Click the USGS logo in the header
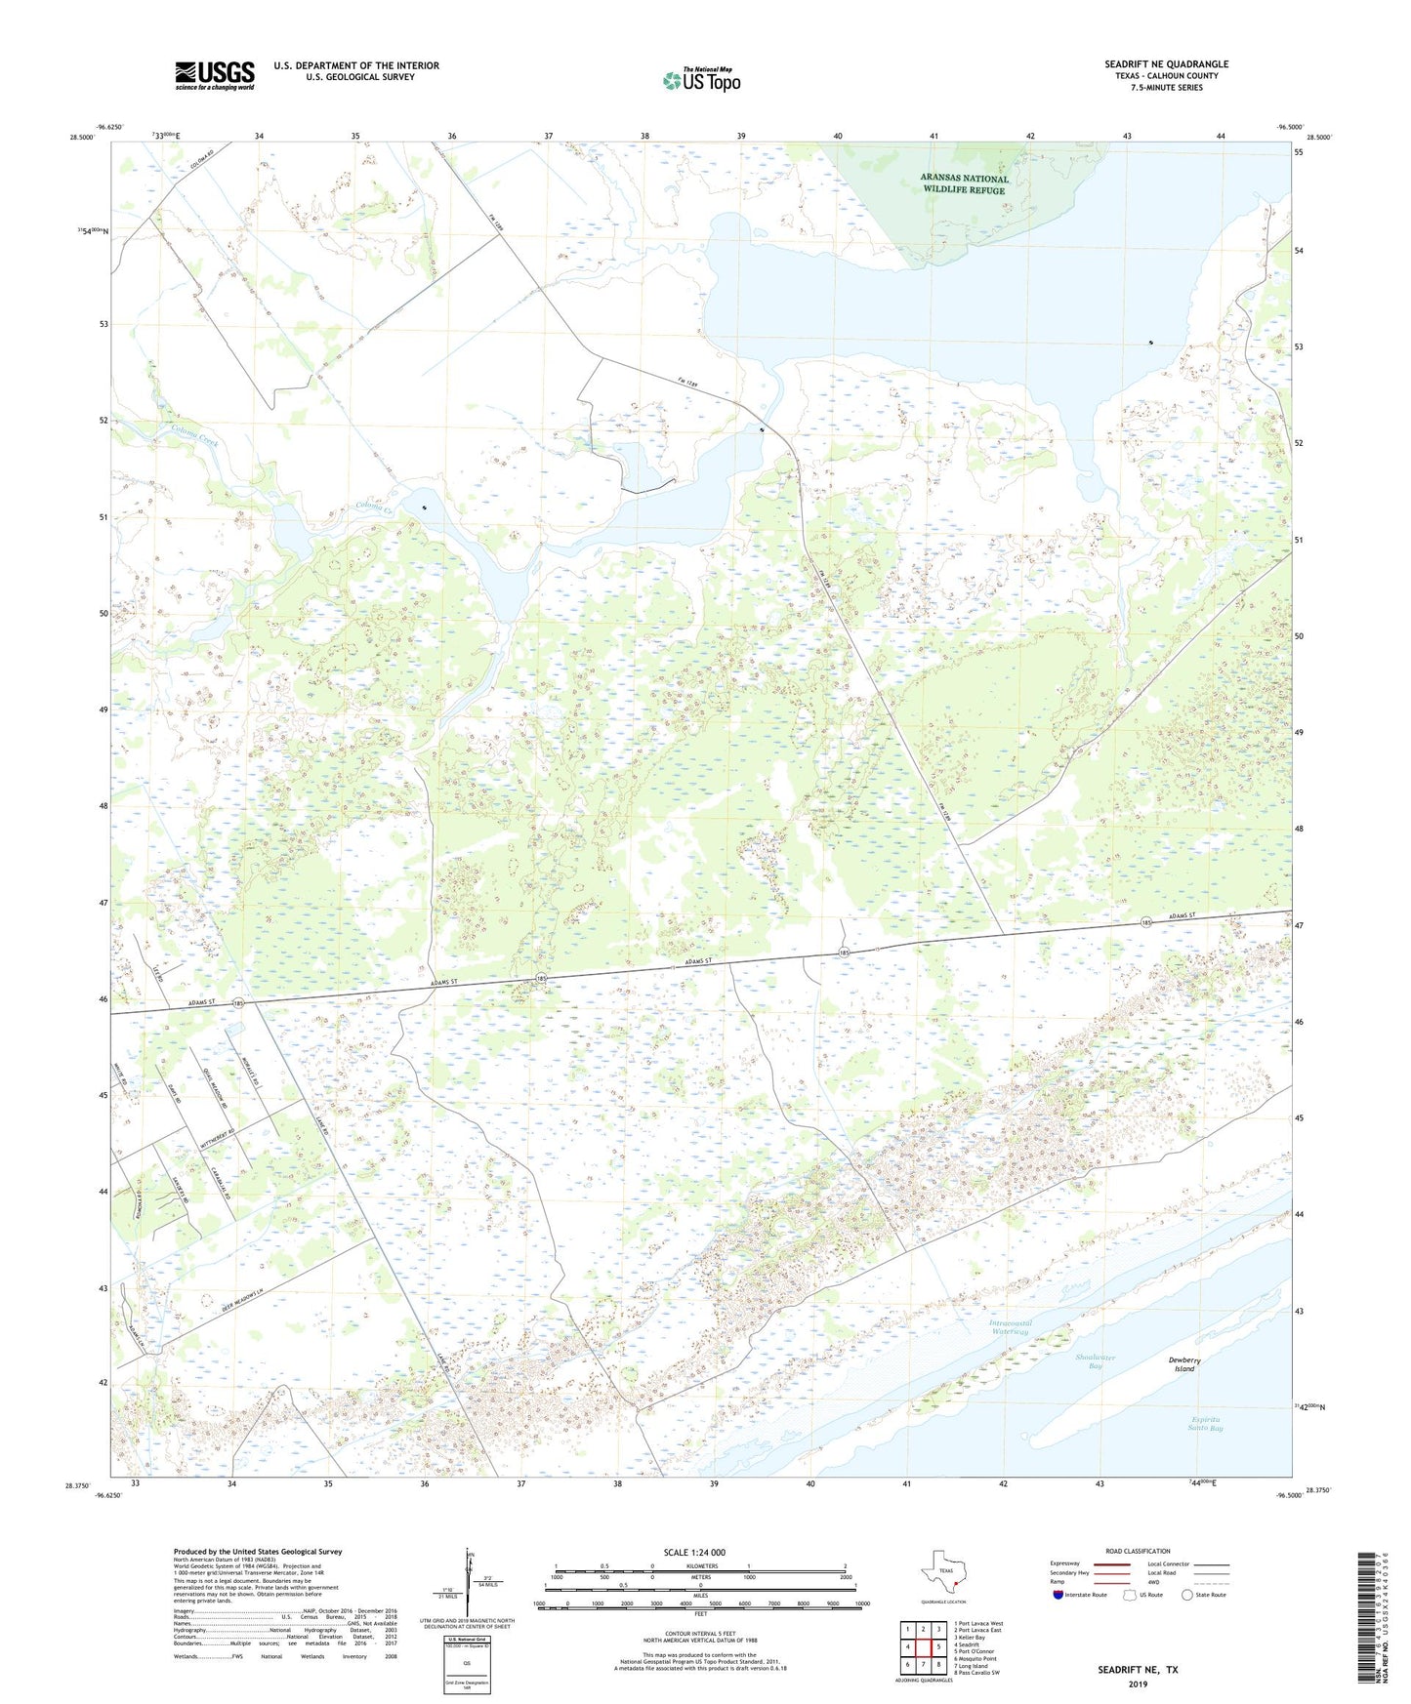point(215,75)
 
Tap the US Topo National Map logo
point(700,80)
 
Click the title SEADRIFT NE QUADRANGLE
point(1166,64)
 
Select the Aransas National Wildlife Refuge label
point(964,184)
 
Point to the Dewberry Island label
point(1183,1363)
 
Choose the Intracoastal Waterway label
point(1011,1327)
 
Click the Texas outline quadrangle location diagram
point(941,1576)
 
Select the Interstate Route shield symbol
point(1058,1595)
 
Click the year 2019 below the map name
point(1137,1684)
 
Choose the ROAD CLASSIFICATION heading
point(1138,1551)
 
